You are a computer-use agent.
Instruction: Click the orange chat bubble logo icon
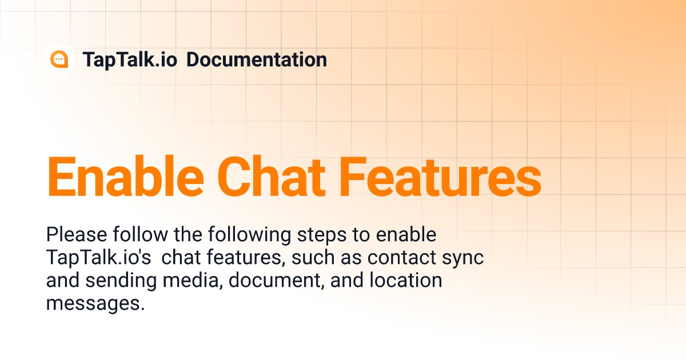(x=59, y=59)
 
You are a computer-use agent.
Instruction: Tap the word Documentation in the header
(x=257, y=59)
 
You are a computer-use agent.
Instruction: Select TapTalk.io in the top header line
(x=130, y=59)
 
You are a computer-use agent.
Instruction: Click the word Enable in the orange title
(x=125, y=177)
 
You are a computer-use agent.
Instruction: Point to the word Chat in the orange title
(x=271, y=177)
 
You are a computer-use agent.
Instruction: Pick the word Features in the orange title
(x=440, y=177)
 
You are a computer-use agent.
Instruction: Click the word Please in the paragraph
(x=77, y=235)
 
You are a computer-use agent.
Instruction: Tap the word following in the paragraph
(x=250, y=235)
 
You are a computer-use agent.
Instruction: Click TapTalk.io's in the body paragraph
(x=98, y=258)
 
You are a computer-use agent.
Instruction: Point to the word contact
(x=402, y=258)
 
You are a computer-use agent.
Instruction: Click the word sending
(x=121, y=281)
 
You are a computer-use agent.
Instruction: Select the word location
(x=406, y=280)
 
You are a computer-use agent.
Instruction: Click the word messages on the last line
(x=95, y=304)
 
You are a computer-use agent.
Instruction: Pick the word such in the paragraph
(x=313, y=257)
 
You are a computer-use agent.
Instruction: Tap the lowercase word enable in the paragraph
(x=406, y=235)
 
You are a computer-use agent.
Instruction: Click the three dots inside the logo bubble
(x=59, y=59)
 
